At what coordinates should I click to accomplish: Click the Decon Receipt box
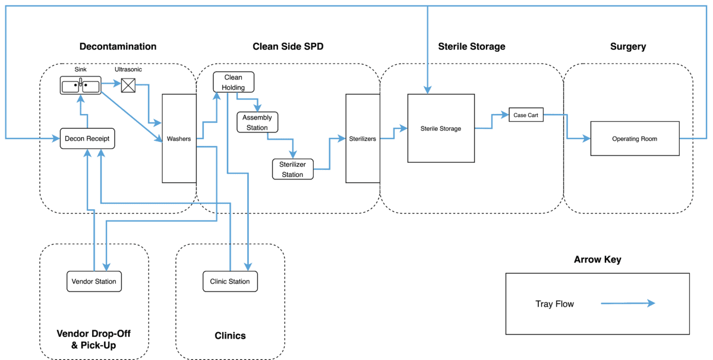pyautogui.click(x=87, y=138)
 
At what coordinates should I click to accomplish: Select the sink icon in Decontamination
pyautogui.click(x=80, y=86)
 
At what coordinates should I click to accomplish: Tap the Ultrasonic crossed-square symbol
pyautogui.click(x=128, y=86)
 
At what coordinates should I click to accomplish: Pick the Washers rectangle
pyautogui.click(x=179, y=138)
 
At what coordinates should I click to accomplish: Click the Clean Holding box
pyautogui.click(x=234, y=83)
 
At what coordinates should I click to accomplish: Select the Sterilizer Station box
pyautogui.click(x=292, y=169)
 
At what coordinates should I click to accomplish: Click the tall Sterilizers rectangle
pyautogui.click(x=362, y=138)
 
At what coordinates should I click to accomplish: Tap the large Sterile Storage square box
pyautogui.click(x=441, y=128)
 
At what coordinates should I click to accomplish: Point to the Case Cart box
pyautogui.click(x=526, y=115)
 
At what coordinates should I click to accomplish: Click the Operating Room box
pyautogui.click(x=635, y=138)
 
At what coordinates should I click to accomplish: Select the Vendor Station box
pyautogui.click(x=94, y=281)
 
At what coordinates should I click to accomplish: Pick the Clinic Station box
pyautogui.click(x=231, y=281)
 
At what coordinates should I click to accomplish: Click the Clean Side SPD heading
pyautogui.click(x=288, y=46)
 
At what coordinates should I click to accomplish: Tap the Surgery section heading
pyautogui.click(x=627, y=46)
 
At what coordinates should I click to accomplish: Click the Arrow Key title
pyautogui.click(x=597, y=260)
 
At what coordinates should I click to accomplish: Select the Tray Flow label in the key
pyautogui.click(x=554, y=304)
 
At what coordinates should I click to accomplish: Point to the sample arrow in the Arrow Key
pyautogui.click(x=627, y=304)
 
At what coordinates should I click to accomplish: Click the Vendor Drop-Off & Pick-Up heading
pyautogui.click(x=93, y=339)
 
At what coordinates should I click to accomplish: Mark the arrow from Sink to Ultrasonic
pyautogui.click(x=111, y=84)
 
